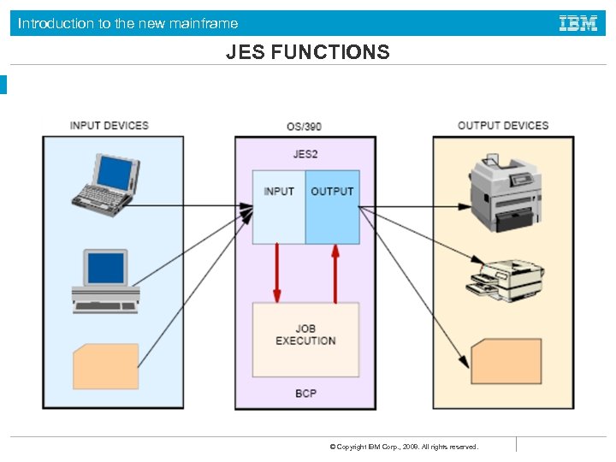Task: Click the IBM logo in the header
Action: tap(578, 23)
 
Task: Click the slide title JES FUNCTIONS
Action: tap(307, 53)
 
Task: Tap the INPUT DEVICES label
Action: tap(109, 126)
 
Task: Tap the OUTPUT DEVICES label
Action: tap(502, 126)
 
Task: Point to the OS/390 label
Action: tap(305, 127)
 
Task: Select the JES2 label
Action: tap(305, 154)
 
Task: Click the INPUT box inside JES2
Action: tap(279, 206)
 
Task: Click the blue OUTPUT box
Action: tap(332, 206)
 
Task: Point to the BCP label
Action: tap(305, 394)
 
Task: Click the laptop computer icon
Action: tap(104, 185)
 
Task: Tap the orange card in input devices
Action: tap(105, 366)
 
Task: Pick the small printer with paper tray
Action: tap(505, 277)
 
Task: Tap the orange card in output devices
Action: tap(506, 360)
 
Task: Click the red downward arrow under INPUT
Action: tap(276, 273)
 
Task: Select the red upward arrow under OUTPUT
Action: tap(335, 273)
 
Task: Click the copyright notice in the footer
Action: tap(404, 447)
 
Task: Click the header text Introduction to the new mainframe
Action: tap(128, 23)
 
